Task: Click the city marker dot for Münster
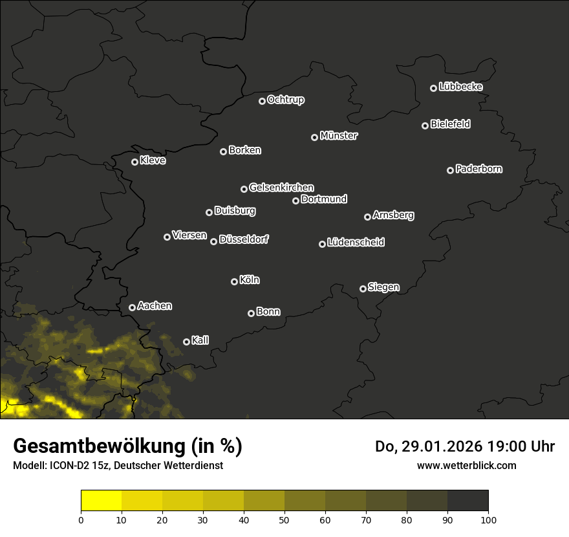tap(314, 137)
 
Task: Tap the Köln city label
tap(250, 280)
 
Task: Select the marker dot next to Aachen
tap(132, 307)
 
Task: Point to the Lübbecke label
tap(460, 87)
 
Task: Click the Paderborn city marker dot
tap(450, 170)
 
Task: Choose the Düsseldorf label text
tap(244, 239)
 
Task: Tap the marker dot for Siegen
tap(363, 289)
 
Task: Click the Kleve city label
tap(153, 160)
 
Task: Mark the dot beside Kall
tap(186, 342)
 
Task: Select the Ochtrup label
tap(285, 100)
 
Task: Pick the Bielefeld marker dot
tap(425, 126)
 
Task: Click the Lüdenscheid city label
tap(356, 243)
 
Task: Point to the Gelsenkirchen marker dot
tap(244, 189)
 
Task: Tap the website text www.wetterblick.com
tap(466, 465)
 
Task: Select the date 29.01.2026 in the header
tap(438, 446)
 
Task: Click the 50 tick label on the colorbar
tap(284, 520)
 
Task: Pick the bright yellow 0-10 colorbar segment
tap(102, 501)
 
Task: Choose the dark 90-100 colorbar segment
tap(467, 501)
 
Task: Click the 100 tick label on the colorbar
tap(488, 520)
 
